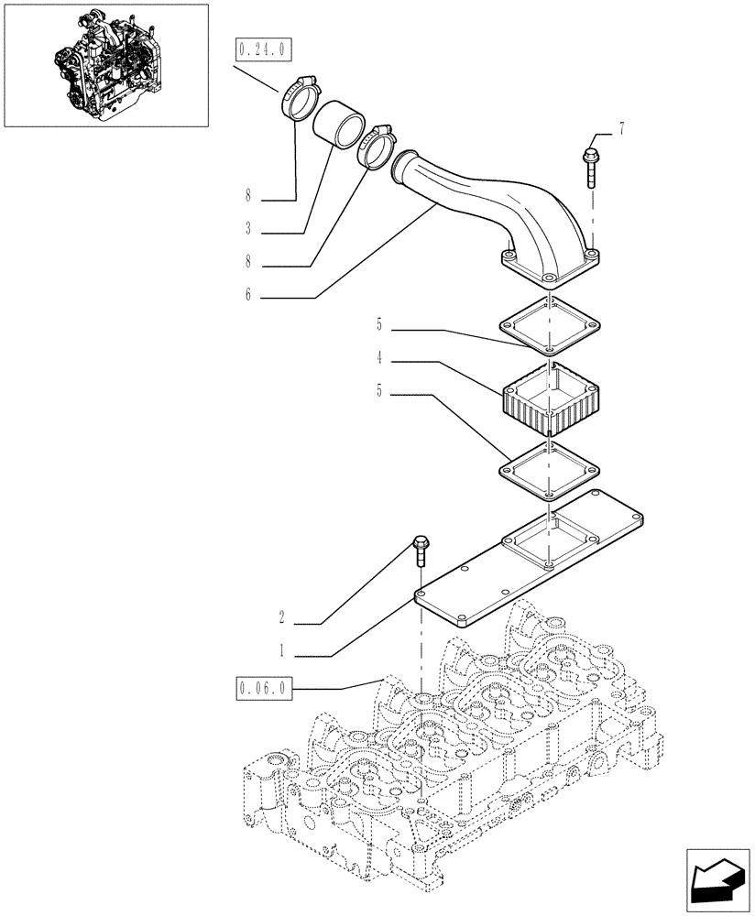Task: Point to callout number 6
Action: pos(247,297)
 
